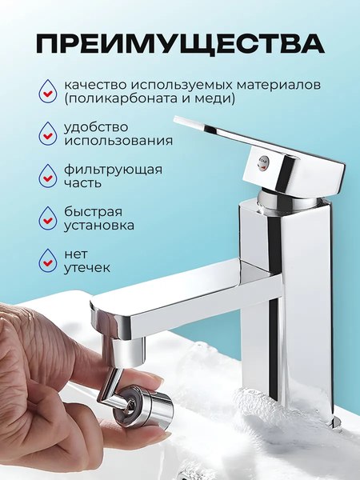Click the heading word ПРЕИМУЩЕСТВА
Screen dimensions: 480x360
coord(180,42)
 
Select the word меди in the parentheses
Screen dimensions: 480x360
coord(218,99)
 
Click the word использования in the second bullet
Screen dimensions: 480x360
coord(118,141)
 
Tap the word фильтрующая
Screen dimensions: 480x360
coord(114,170)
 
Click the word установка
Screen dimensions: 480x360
coord(100,226)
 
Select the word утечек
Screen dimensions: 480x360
coord(87,269)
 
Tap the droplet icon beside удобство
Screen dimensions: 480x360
coord(48,133)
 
